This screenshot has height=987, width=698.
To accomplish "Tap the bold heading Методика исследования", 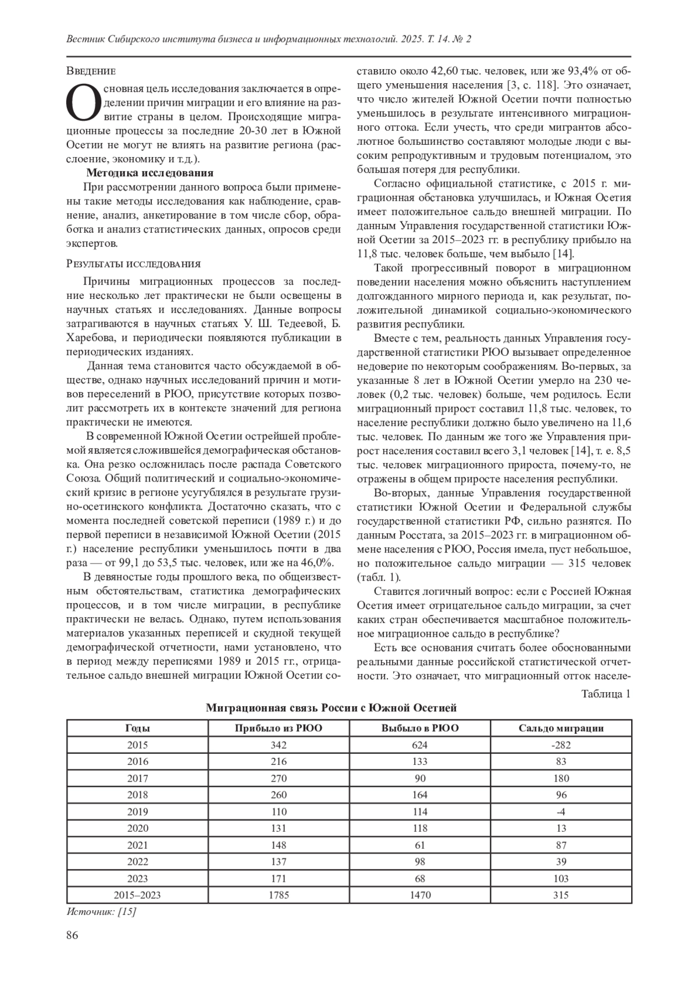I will (149, 173).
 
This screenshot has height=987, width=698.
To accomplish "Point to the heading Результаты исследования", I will (134, 264).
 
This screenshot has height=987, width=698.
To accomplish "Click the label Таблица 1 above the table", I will (606, 694).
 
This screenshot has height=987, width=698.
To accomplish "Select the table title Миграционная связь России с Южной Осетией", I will (332, 708).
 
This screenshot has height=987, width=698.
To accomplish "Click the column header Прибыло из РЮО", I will (279, 728).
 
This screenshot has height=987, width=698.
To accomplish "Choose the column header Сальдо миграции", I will (561, 728).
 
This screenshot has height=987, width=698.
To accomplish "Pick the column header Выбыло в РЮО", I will (419, 728).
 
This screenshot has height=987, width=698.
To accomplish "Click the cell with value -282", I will (561, 745).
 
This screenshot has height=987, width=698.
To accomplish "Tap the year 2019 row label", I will (137, 811).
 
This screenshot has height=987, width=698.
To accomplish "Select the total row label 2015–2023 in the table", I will (137, 895).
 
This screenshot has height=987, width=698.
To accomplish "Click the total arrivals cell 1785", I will (279, 895).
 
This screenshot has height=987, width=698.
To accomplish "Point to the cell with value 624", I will (419, 745).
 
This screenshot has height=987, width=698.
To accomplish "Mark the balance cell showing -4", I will (561, 811).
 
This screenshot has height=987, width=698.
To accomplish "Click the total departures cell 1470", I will (419, 895).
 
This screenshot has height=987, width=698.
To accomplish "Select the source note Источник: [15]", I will (101, 911).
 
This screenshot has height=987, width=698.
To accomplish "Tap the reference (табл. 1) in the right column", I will (378, 578).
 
